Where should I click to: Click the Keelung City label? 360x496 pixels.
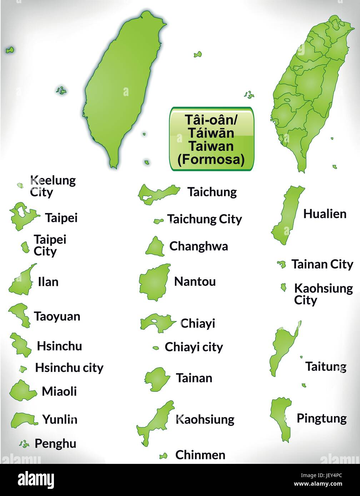(x=53, y=186)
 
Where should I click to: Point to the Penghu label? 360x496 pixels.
(x=55, y=444)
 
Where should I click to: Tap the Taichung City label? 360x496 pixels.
(x=204, y=219)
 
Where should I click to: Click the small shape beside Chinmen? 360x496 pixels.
(x=164, y=456)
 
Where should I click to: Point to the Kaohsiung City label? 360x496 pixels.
(x=323, y=294)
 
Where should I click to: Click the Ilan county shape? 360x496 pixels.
(x=22, y=282)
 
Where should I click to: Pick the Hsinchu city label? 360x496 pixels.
(x=69, y=368)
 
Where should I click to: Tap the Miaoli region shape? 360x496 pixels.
(x=22, y=391)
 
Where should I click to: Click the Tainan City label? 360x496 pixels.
(x=322, y=264)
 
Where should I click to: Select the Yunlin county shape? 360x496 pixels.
(x=24, y=419)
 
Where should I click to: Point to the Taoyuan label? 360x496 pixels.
(x=57, y=316)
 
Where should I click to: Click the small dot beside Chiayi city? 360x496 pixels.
(x=156, y=348)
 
